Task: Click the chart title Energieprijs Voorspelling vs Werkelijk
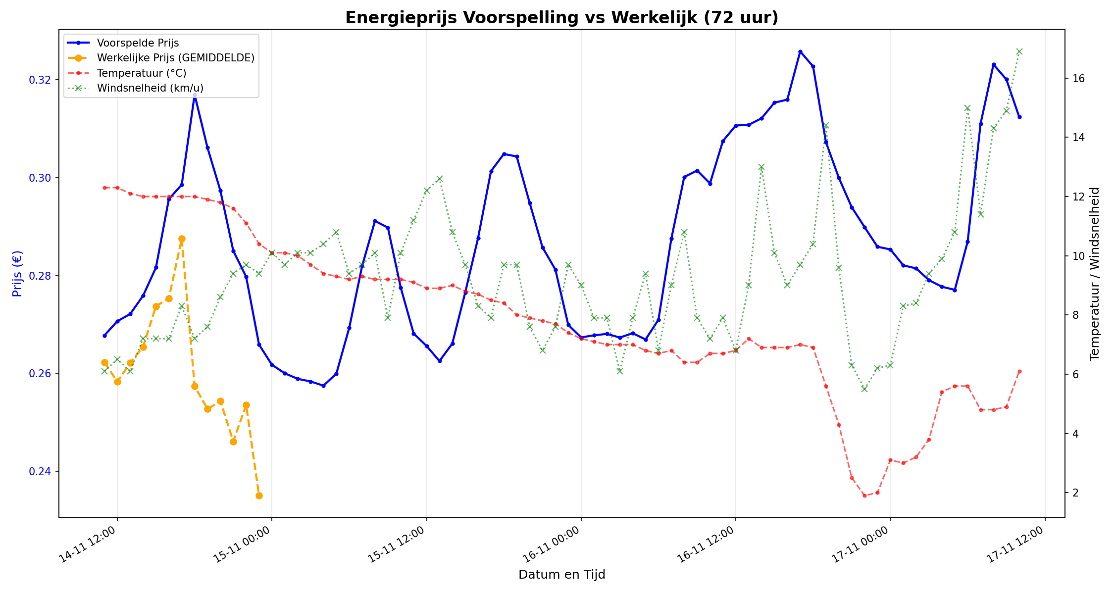[561, 18]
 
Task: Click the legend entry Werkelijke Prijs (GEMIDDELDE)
[175, 58]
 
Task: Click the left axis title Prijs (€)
[17, 273]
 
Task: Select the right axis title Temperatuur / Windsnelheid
[1095, 273]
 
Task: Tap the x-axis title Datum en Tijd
[561, 575]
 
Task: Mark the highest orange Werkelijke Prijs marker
[182, 239]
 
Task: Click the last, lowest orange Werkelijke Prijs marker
[259, 495]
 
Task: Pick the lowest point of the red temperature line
[864, 495]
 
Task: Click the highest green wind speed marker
[1019, 51]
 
